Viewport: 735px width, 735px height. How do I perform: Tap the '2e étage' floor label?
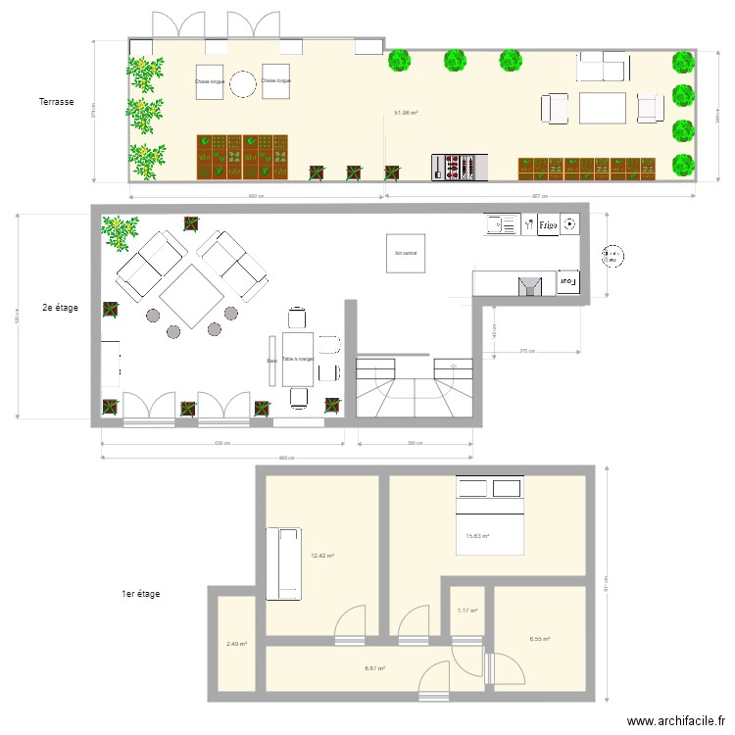click(x=60, y=307)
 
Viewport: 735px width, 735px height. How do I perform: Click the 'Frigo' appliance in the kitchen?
click(x=547, y=225)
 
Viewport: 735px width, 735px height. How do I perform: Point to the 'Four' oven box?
click(x=567, y=282)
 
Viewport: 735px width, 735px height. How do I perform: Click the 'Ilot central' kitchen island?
click(x=406, y=254)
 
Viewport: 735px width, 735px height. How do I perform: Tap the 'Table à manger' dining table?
click(x=298, y=360)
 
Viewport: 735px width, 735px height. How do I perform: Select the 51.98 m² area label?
click(x=406, y=113)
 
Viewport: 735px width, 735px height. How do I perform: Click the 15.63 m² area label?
click(x=477, y=536)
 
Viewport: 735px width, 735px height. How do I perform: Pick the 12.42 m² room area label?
click(x=321, y=556)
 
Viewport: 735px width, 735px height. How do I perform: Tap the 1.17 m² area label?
click(x=467, y=612)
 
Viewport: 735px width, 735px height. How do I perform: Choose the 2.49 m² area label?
click(x=235, y=645)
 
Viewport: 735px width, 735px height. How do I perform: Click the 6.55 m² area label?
click(x=539, y=639)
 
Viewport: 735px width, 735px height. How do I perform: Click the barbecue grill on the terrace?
click(x=460, y=166)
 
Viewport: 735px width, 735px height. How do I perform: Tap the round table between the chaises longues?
click(x=242, y=86)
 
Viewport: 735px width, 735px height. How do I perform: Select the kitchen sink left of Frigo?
click(x=501, y=225)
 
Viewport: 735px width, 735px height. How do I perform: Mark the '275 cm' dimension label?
click(x=526, y=351)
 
